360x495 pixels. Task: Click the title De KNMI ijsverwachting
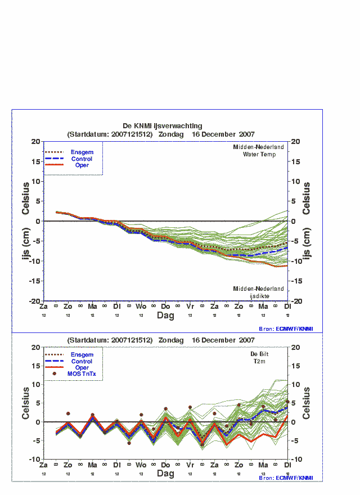coord(162,126)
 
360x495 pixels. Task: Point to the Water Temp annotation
coord(259,154)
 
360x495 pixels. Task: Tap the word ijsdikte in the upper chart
coord(259,296)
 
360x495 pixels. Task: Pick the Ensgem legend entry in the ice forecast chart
coord(82,152)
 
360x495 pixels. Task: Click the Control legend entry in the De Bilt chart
coord(82,361)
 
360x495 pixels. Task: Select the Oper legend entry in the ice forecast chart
coord(82,165)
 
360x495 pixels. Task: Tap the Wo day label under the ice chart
coord(141,307)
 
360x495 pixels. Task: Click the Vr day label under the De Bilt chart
coord(190,466)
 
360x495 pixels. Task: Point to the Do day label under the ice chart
coord(165,307)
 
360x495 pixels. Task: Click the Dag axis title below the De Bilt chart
coord(165,474)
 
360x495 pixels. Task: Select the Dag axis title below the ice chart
coord(165,316)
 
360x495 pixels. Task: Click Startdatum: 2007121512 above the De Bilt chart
coord(110,340)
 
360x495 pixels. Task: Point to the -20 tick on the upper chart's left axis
coord(34,301)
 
